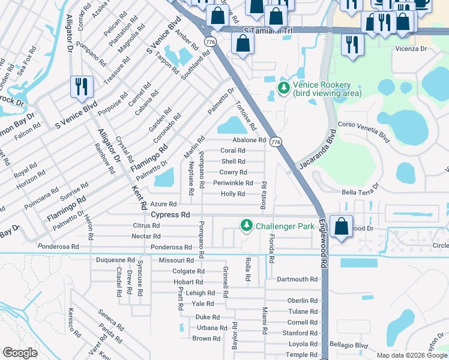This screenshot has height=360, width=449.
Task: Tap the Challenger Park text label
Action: [285, 226]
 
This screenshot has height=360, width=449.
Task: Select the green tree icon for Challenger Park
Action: [246, 226]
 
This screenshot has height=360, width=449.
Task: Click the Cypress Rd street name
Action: [170, 215]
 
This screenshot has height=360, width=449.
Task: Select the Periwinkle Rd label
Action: [233, 183]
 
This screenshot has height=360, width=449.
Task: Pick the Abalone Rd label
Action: [245, 140]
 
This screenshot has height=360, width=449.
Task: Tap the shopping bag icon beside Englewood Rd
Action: [341, 227]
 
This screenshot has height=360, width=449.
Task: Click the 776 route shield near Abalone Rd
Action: [276, 142]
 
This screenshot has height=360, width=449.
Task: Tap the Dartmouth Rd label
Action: [297, 280]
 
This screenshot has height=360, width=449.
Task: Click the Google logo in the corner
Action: [20, 353]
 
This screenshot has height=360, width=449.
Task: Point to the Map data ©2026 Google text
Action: [412, 355]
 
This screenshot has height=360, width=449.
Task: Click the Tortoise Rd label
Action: [245, 116]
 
